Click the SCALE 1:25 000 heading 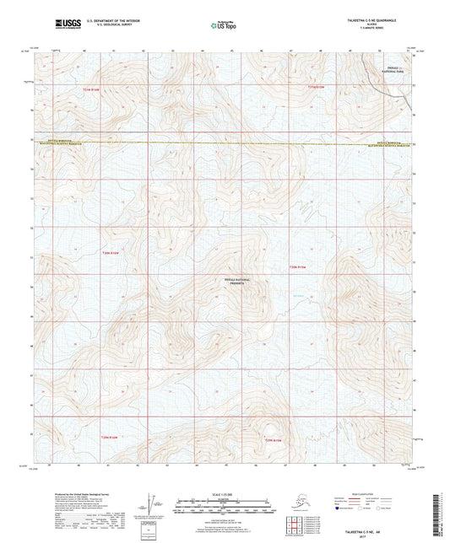tap(225, 493)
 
